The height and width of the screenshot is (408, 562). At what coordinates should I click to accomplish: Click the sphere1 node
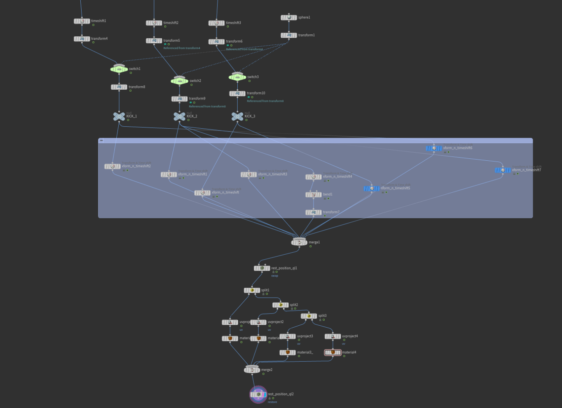pyautogui.click(x=289, y=18)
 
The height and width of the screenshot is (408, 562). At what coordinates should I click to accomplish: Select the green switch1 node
pyautogui.click(x=119, y=69)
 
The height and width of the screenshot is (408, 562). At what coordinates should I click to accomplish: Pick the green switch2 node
pyautogui.click(x=180, y=81)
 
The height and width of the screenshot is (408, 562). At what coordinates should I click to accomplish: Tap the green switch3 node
pyautogui.click(x=237, y=77)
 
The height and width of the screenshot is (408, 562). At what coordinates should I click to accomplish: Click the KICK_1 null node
pyautogui.click(x=119, y=116)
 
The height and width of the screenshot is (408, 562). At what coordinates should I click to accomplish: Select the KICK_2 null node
pyautogui.click(x=180, y=116)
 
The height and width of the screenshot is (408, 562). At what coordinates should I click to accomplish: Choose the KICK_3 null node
pyautogui.click(x=237, y=116)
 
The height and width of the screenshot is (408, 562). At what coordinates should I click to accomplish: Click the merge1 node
pyautogui.click(x=299, y=243)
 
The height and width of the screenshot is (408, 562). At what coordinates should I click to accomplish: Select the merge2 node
pyautogui.click(x=252, y=370)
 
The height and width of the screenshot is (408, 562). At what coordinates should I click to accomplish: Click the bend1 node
pyautogui.click(x=313, y=195)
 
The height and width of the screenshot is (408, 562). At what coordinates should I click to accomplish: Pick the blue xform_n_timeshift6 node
pyautogui.click(x=434, y=148)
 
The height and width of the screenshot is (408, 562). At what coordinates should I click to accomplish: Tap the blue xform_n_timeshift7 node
pyautogui.click(x=503, y=170)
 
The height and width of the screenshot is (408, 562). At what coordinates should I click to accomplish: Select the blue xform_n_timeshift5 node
pyautogui.click(x=372, y=188)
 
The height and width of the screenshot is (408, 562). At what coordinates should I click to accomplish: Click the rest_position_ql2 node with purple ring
pyautogui.click(x=258, y=394)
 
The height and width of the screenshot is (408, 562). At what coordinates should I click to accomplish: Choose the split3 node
pyautogui.click(x=309, y=316)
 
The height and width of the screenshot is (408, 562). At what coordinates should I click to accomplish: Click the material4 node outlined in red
pyautogui.click(x=333, y=353)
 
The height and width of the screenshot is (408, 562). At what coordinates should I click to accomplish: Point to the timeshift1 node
pyautogui.click(x=82, y=21)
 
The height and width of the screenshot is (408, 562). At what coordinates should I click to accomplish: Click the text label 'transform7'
pyautogui.click(x=331, y=212)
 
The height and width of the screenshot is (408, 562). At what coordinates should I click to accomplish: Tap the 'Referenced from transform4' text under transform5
pyautogui.click(x=181, y=48)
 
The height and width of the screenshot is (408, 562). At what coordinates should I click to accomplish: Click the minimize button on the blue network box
pyautogui.click(x=101, y=140)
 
